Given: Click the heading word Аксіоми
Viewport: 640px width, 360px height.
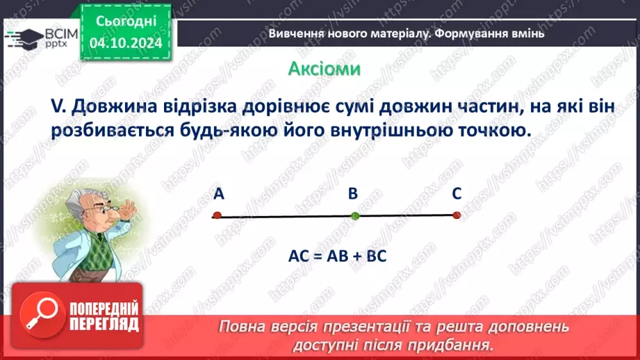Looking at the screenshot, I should pyautogui.click(x=324, y=69).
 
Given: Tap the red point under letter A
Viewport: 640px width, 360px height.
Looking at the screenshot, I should pyautogui.click(x=217, y=215).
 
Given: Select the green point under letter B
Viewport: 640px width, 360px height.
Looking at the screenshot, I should pyautogui.click(x=355, y=215).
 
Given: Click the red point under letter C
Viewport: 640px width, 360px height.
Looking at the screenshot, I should pyautogui.click(x=457, y=215).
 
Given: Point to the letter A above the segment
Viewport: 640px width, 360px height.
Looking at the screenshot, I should pyautogui.click(x=218, y=195).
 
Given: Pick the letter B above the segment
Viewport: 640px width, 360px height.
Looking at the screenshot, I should pyautogui.click(x=352, y=195).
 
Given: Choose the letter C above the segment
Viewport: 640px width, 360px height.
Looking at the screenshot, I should pyautogui.click(x=456, y=195).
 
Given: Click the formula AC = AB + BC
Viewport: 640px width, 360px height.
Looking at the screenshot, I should pyautogui.click(x=337, y=255).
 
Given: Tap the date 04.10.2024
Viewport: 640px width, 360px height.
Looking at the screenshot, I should pyautogui.click(x=126, y=43).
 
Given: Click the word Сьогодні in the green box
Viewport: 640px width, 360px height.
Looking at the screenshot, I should pyautogui.click(x=126, y=22).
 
